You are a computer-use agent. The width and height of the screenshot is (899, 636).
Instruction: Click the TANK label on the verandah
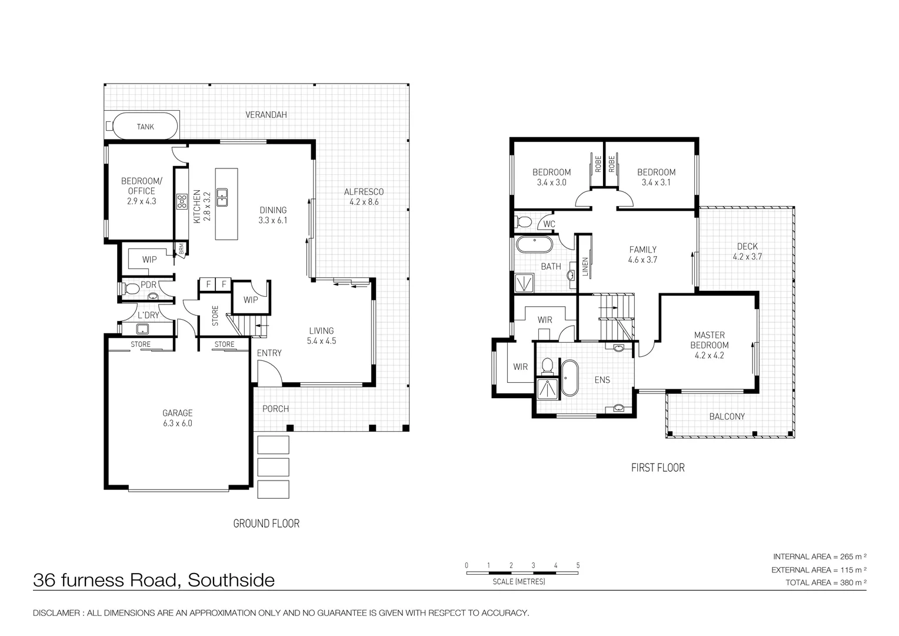[x=145, y=127]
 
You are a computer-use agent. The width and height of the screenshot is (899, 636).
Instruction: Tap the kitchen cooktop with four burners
[x=182, y=201]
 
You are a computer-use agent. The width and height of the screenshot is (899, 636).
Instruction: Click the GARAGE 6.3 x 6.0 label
[x=177, y=418]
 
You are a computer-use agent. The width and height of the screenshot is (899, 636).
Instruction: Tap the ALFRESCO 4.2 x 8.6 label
[x=364, y=197]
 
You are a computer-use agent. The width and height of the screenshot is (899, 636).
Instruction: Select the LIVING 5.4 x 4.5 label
[x=321, y=336]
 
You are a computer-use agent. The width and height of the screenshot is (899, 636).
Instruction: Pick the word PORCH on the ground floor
[x=275, y=409]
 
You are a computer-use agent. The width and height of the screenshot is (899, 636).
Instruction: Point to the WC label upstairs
[x=549, y=224]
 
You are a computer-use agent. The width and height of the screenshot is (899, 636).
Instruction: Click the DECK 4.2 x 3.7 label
[x=747, y=251]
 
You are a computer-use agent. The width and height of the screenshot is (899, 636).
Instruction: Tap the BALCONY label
[x=727, y=416]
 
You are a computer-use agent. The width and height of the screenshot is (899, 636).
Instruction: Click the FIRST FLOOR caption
[x=658, y=468]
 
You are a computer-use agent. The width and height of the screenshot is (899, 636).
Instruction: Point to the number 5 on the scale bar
[x=578, y=565]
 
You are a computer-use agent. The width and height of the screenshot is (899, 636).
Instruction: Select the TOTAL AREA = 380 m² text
[x=826, y=582]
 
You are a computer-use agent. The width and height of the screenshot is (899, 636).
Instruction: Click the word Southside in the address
[x=231, y=580]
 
